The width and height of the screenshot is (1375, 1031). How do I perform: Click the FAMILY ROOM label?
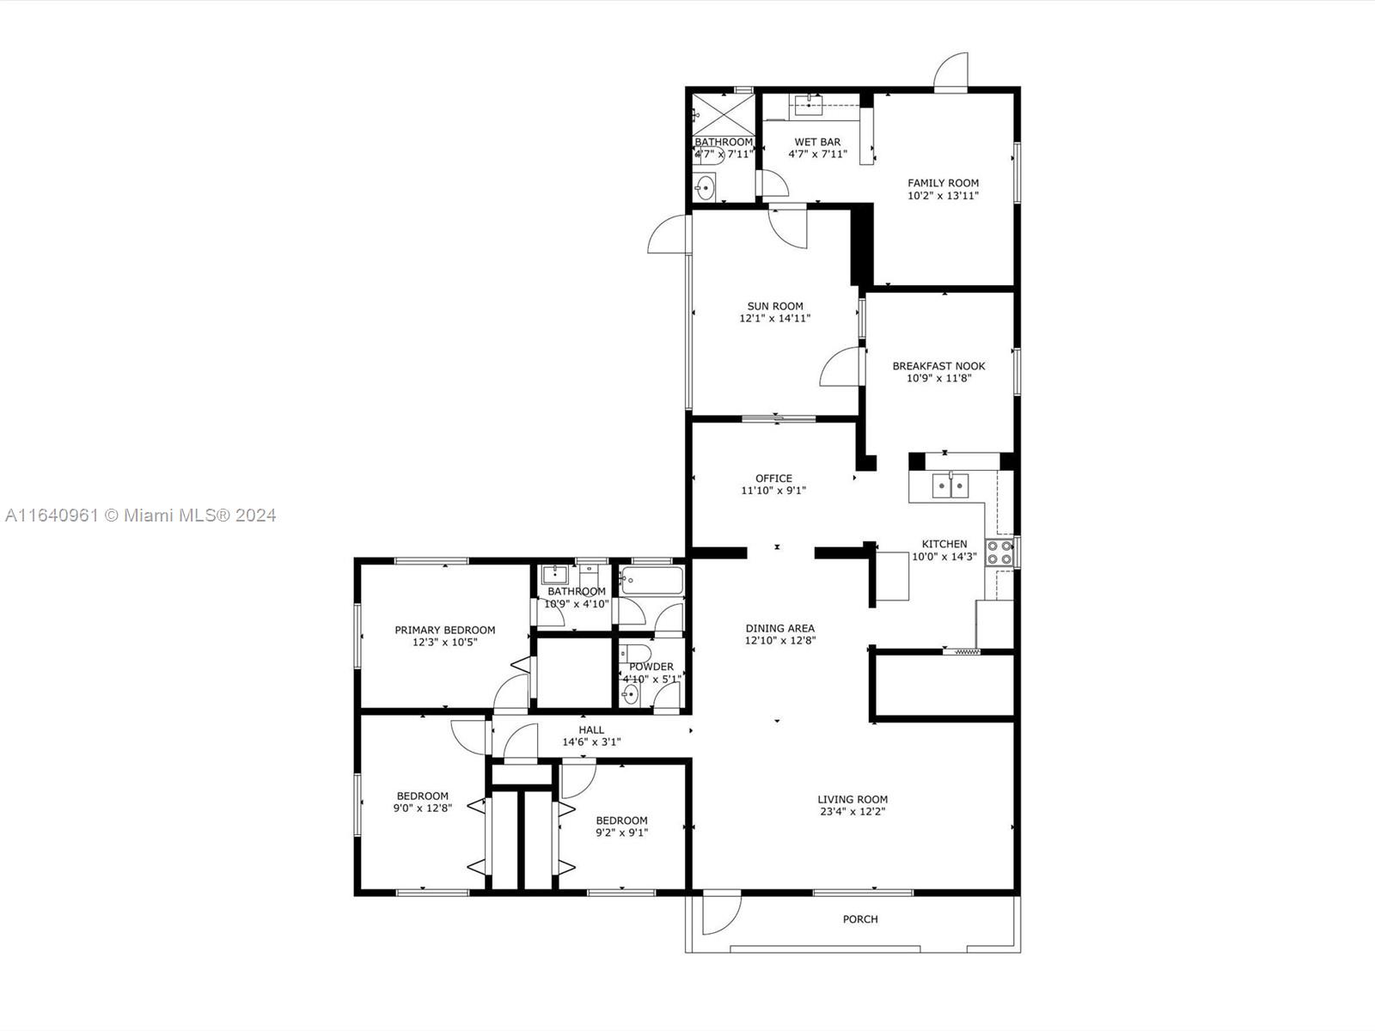coord(943,183)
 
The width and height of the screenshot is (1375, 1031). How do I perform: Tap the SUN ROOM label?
coord(775,306)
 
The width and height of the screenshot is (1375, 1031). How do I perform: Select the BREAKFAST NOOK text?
coord(938,366)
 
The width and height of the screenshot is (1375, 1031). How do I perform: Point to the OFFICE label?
coord(773,479)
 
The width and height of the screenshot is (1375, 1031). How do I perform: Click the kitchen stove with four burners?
coord(999,552)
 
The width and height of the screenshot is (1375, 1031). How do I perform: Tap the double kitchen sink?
coord(950,485)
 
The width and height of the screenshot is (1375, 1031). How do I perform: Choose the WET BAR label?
coord(817,142)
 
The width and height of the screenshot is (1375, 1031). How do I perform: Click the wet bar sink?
coord(810,105)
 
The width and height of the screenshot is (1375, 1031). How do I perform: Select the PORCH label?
coord(860,919)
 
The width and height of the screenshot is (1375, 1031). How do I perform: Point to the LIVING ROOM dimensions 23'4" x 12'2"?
coord(852,811)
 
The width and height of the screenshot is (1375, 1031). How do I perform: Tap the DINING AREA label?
coord(780,628)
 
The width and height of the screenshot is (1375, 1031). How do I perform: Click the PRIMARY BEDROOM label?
coord(445,630)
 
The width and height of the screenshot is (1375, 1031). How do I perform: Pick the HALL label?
coord(591,730)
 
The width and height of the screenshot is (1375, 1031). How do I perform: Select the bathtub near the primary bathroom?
coord(651,580)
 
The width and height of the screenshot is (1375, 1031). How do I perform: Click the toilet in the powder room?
coord(635,654)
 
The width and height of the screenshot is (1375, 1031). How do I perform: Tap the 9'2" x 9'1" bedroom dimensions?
coord(621,833)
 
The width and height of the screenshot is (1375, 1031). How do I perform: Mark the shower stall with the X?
coord(724,114)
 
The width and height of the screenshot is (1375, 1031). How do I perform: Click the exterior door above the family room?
coord(951,72)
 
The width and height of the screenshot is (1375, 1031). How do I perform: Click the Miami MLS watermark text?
coord(140,515)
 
